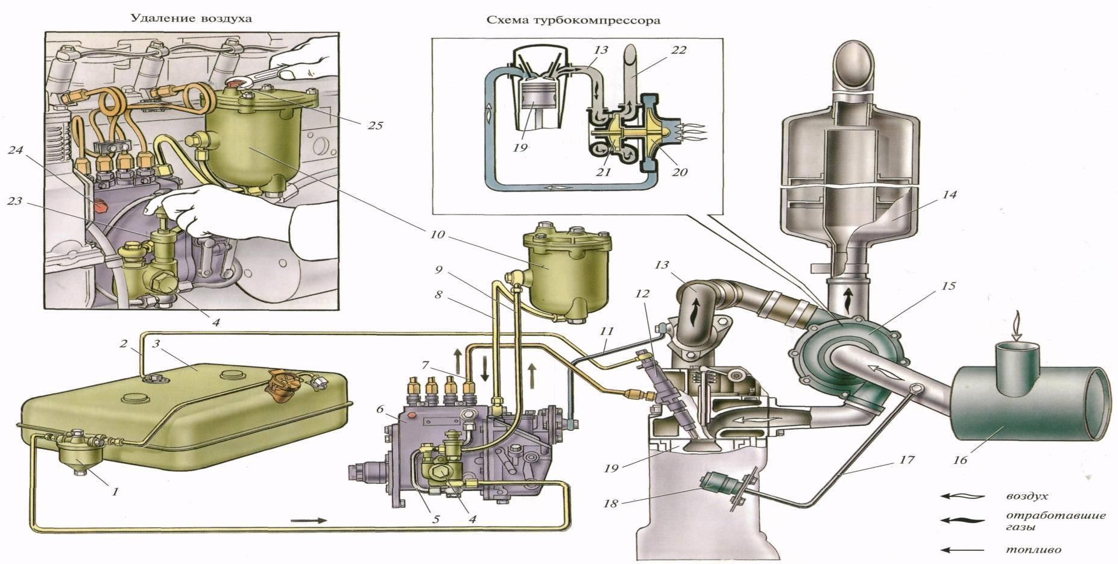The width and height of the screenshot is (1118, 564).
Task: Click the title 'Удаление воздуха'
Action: [191, 18]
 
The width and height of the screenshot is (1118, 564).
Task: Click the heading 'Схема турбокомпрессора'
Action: [573, 20]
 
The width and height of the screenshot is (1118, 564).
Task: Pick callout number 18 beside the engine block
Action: [611, 503]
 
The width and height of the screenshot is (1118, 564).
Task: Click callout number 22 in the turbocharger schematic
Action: [677, 49]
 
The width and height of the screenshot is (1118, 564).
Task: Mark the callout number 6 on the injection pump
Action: [380, 409]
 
